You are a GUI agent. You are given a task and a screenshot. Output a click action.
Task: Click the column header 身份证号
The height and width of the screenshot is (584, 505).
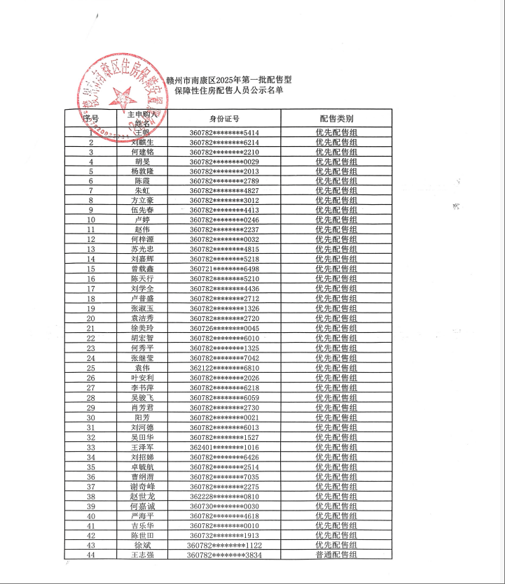(x=224, y=118)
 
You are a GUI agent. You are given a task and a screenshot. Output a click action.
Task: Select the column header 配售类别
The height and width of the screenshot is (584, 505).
(x=336, y=118)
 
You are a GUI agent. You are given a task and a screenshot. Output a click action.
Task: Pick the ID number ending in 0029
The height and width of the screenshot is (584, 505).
(x=224, y=161)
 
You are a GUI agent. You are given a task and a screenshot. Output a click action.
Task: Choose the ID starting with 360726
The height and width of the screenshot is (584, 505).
(x=224, y=329)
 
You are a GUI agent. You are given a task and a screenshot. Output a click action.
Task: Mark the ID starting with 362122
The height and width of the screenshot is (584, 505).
(x=224, y=368)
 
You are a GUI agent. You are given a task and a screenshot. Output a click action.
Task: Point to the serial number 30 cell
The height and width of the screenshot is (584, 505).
(x=91, y=418)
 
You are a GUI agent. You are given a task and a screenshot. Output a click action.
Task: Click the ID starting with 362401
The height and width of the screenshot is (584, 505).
(x=224, y=447)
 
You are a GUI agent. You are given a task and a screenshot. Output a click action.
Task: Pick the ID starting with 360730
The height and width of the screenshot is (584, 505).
(x=224, y=506)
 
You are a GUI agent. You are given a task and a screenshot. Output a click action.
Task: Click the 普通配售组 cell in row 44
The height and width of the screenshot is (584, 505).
(x=336, y=555)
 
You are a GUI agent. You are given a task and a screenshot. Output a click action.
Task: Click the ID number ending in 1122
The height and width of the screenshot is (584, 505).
(x=224, y=545)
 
